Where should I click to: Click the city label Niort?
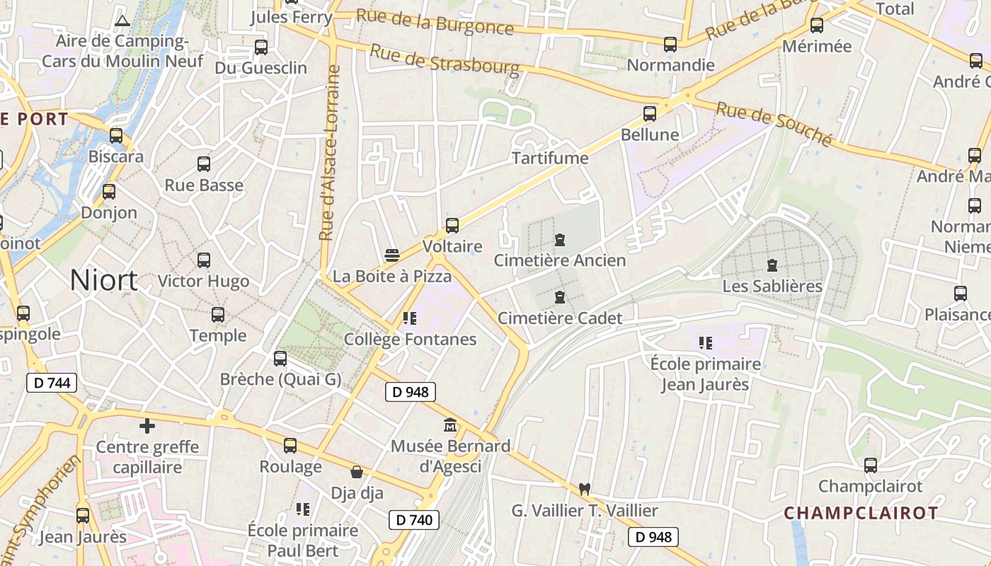pos(103,281)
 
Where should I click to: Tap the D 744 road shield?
pos(52,383)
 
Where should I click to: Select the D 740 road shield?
pos(414,520)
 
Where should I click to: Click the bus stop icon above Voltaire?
pos(452,226)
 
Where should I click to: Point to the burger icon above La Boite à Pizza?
pos(392,255)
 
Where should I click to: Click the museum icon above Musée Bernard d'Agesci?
pos(450,425)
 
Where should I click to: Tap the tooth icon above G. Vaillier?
pos(584,488)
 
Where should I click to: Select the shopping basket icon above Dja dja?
pos(357,471)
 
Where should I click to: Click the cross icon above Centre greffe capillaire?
pos(147,426)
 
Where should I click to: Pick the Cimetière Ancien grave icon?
pos(560,240)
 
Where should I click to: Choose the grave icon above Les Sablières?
pos(772,265)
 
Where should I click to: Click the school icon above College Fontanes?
pos(409,318)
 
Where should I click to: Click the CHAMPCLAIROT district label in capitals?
pos(861,513)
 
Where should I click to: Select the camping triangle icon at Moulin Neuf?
pos(122,21)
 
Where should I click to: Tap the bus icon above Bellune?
pos(650,113)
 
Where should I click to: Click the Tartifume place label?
pos(550,158)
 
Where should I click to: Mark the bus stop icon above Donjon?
pos(109,191)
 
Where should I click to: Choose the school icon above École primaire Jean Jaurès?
pos(705,343)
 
